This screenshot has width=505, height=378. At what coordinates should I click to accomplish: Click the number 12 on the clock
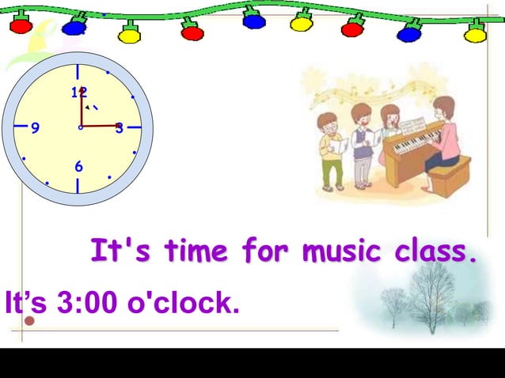pos(78,92)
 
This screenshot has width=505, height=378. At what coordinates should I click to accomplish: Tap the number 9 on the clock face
pos(36,128)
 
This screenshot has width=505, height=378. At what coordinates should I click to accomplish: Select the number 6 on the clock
pos(78,167)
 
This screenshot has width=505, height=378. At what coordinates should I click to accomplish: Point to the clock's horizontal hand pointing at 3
pos(101,127)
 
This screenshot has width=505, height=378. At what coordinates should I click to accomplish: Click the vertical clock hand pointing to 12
pos(81,107)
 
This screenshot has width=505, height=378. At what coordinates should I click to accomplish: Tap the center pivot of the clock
pos(81,127)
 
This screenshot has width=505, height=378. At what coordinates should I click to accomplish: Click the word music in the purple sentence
pos(327,251)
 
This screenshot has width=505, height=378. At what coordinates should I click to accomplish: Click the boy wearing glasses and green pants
pos(331,150)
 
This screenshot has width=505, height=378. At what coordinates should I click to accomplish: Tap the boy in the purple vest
pos(363,142)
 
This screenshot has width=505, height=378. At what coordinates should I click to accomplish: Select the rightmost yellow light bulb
pos(475,33)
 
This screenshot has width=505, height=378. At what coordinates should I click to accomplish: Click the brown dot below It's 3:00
pos(30,321)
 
